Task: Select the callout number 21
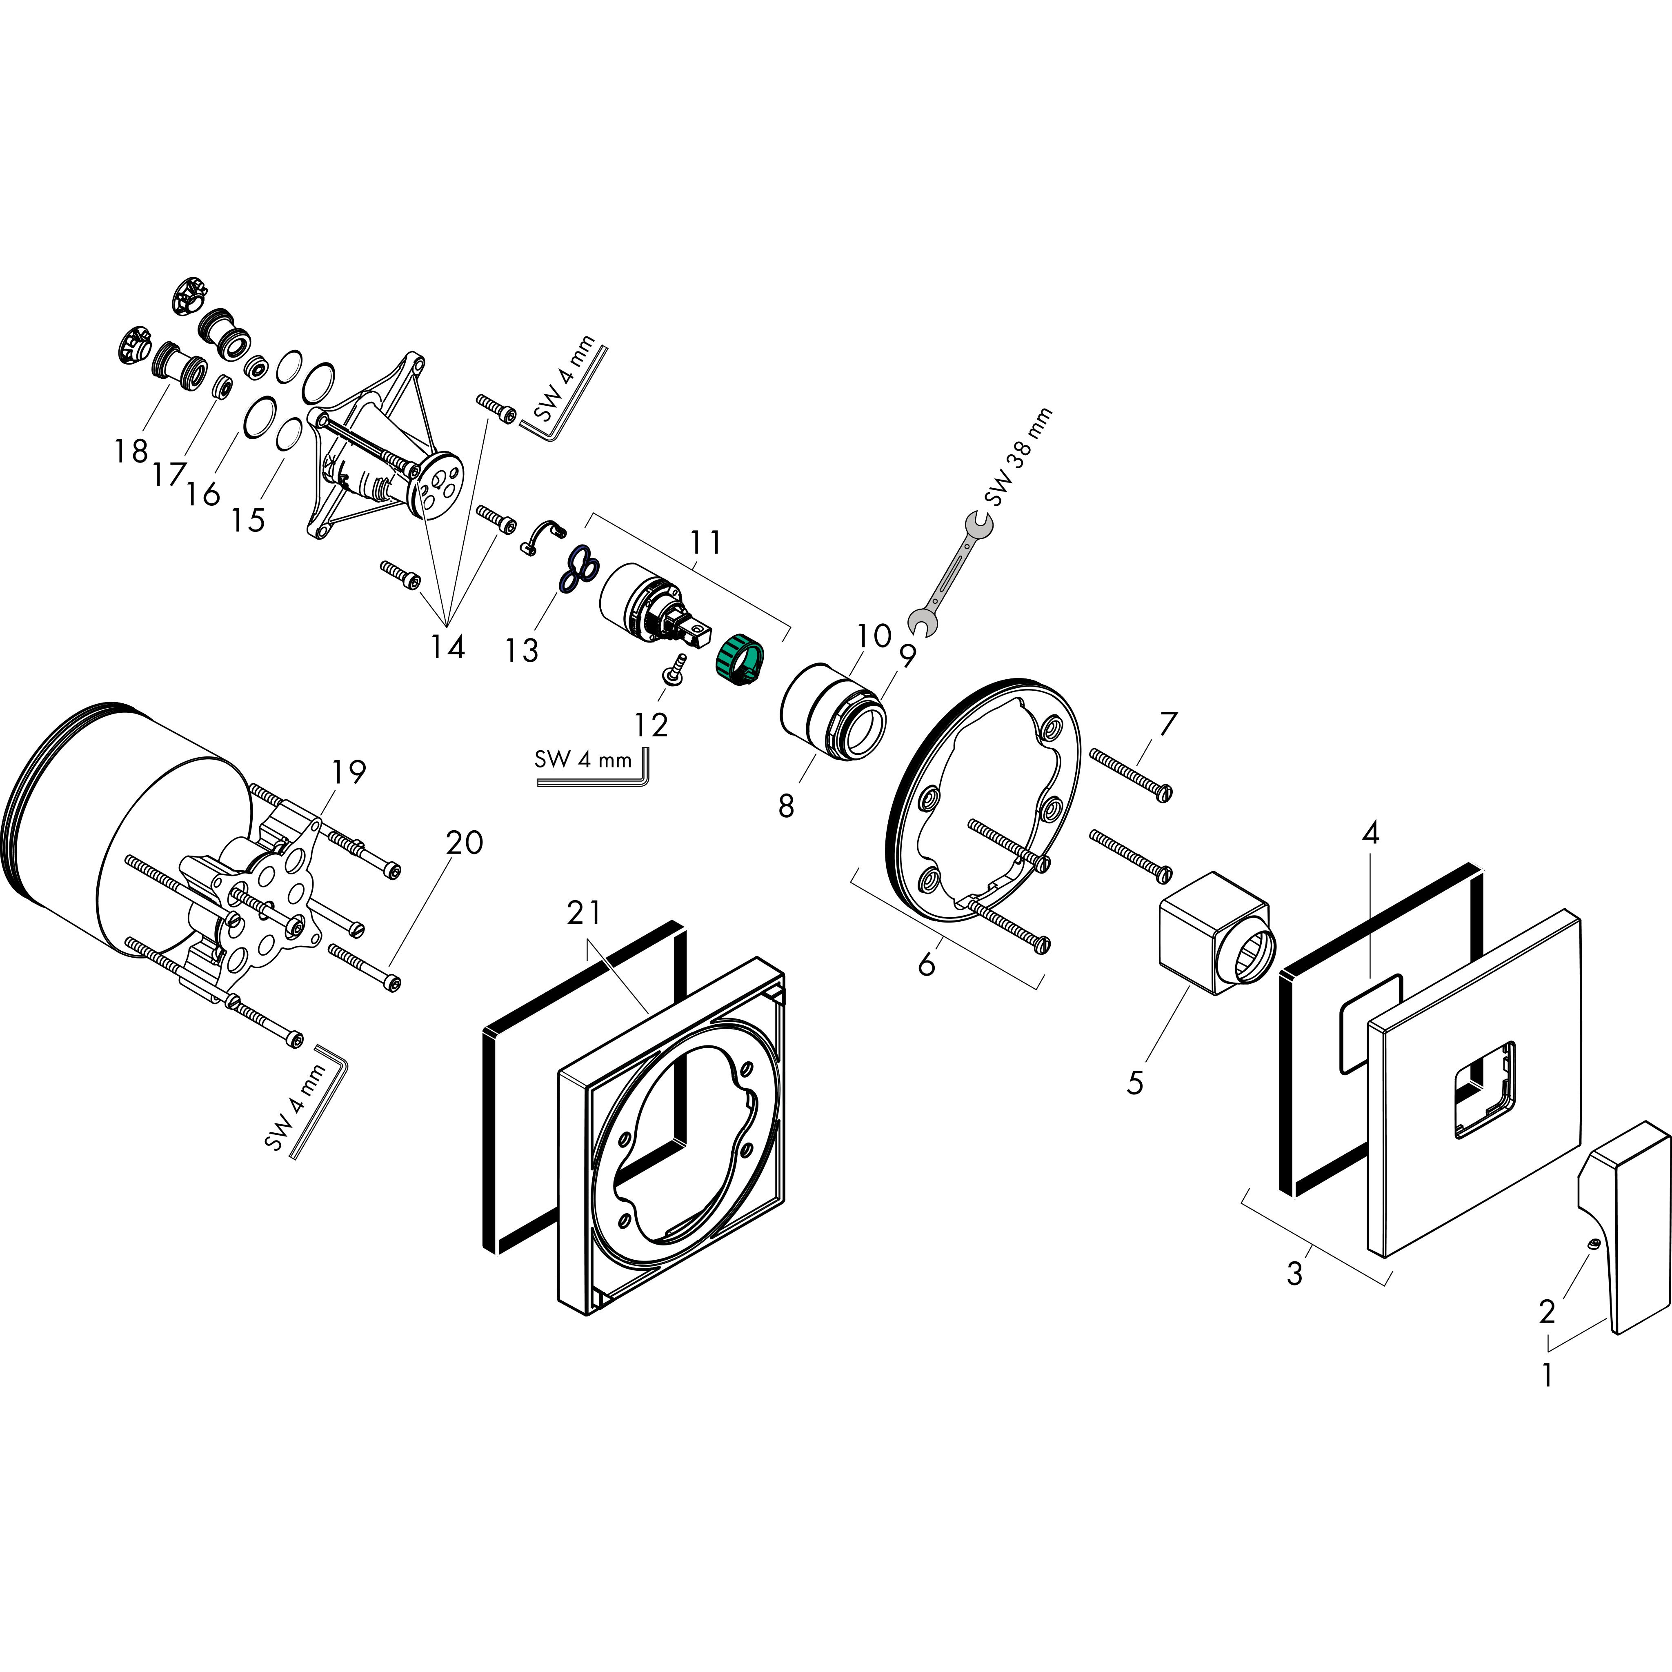click(x=585, y=913)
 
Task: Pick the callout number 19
click(x=348, y=771)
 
